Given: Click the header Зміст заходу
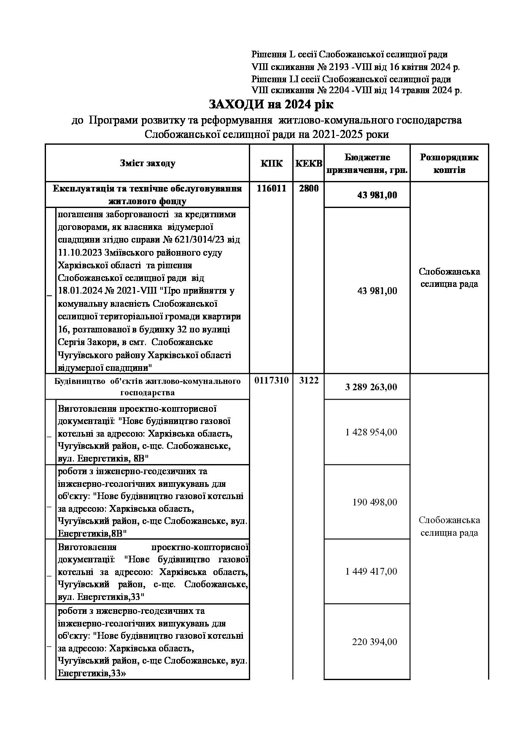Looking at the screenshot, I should point(147,163).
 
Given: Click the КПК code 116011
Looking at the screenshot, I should point(271,189).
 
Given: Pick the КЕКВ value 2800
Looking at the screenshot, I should point(308,189).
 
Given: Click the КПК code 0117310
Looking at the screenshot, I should point(271,381).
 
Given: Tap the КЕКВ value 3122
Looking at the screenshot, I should point(308,381).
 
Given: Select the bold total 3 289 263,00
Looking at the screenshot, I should point(371,387).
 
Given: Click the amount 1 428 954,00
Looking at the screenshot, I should point(371,432).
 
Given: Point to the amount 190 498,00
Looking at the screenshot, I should point(375,502).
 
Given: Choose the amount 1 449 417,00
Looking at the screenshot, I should point(371,572).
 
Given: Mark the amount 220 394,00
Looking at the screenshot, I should point(375,642).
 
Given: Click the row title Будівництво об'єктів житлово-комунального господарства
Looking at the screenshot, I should point(147,387).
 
